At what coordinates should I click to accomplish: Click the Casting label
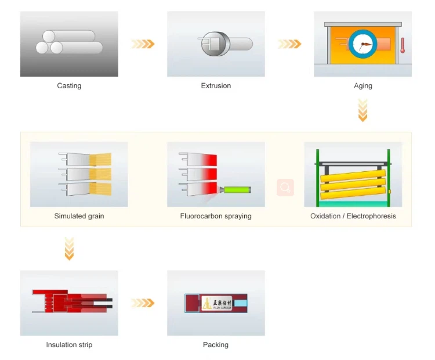click(x=69, y=86)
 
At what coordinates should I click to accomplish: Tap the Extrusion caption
click(x=216, y=86)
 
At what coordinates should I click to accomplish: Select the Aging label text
click(x=363, y=86)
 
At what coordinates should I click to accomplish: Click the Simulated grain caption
click(x=79, y=216)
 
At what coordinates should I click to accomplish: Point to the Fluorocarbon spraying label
click(x=216, y=216)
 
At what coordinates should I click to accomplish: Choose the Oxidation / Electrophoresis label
click(x=353, y=216)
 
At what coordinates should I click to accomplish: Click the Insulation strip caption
click(x=69, y=345)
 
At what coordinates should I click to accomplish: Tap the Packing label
click(x=216, y=345)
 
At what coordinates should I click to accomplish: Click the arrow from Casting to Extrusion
click(x=143, y=44)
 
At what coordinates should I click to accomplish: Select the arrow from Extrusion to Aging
click(x=289, y=44)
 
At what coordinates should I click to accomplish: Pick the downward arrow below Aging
click(x=363, y=110)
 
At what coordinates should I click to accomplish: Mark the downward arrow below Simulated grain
click(x=69, y=249)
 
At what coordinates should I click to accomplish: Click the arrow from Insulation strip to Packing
click(x=143, y=303)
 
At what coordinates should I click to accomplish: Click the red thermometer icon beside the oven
click(x=402, y=45)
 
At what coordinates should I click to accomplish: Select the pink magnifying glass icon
click(x=285, y=188)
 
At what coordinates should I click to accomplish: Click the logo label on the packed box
click(x=217, y=303)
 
